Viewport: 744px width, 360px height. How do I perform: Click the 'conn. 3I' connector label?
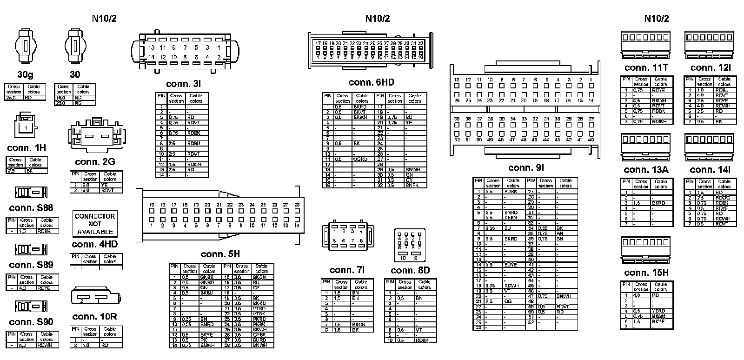[x=183, y=84]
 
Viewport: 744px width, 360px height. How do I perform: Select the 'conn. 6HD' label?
[x=371, y=83]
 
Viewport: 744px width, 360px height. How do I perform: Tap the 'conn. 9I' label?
[x=526, y=167]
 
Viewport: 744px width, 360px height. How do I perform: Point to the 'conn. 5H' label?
[x=220, y=254]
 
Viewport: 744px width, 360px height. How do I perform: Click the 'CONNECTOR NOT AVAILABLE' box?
[x=95, y=224]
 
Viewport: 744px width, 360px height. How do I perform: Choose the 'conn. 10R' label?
[x=94, y=317]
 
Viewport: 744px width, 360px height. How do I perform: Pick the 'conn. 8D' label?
[x=410, y=270]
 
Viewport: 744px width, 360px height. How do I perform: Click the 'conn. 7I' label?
[x=347, y=270]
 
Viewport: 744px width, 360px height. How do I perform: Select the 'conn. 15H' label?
[x=646, y=273]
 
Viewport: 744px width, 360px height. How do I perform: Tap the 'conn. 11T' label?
[x=646, y=67]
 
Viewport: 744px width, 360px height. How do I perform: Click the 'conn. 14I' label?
[x=710, y=170]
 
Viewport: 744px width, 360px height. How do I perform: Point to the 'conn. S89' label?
[x=31, y=265]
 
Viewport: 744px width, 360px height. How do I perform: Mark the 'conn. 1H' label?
[x=27, y=148]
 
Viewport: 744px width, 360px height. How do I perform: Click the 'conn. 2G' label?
[x=95, y=162]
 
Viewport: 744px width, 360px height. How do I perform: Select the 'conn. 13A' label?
[x=646, y=170]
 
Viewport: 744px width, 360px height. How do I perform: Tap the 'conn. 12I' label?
[x=710, y=67]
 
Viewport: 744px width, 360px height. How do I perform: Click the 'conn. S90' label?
[x=31, y=322]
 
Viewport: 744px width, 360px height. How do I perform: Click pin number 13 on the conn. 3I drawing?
[x=151, y=47]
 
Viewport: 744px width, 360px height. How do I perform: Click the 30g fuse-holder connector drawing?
[x=25, y=47]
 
